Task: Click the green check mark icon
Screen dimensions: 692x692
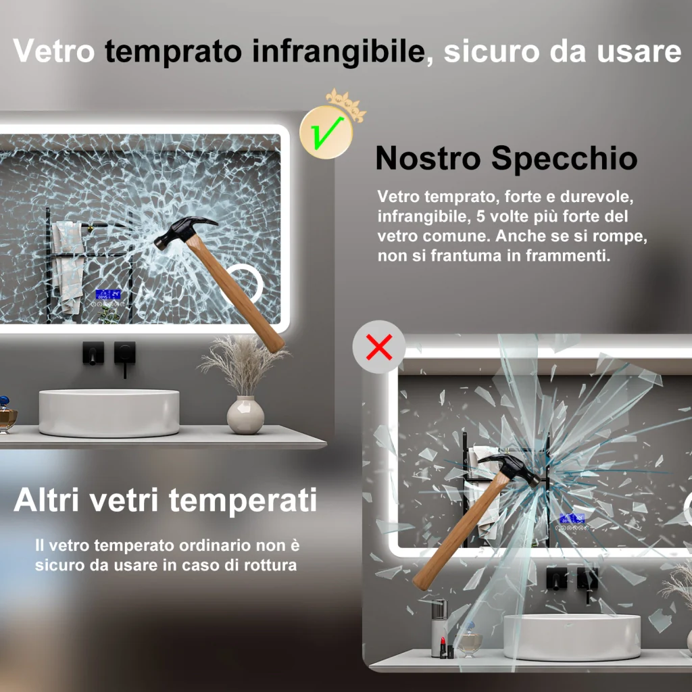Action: coord(326,133)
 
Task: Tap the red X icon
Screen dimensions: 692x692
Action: coord(379,347)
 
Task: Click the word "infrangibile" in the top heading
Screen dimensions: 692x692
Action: coord(339,52)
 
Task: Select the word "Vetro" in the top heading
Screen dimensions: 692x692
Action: coord(54,50)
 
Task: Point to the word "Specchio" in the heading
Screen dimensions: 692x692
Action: coord(564,158)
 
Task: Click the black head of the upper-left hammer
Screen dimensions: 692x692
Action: coord(184,231)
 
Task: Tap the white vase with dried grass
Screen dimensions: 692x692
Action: coord(245,414)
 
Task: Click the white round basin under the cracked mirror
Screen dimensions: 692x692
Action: coord(109,412)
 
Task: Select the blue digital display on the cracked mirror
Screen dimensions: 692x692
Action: coord(108,295)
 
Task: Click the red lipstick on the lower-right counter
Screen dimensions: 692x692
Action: coord(443,647)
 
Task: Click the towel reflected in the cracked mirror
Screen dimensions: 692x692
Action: coord(68,266)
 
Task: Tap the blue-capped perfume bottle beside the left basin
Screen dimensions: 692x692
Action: coord(6,414)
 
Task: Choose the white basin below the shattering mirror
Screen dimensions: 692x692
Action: coord(572,637)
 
